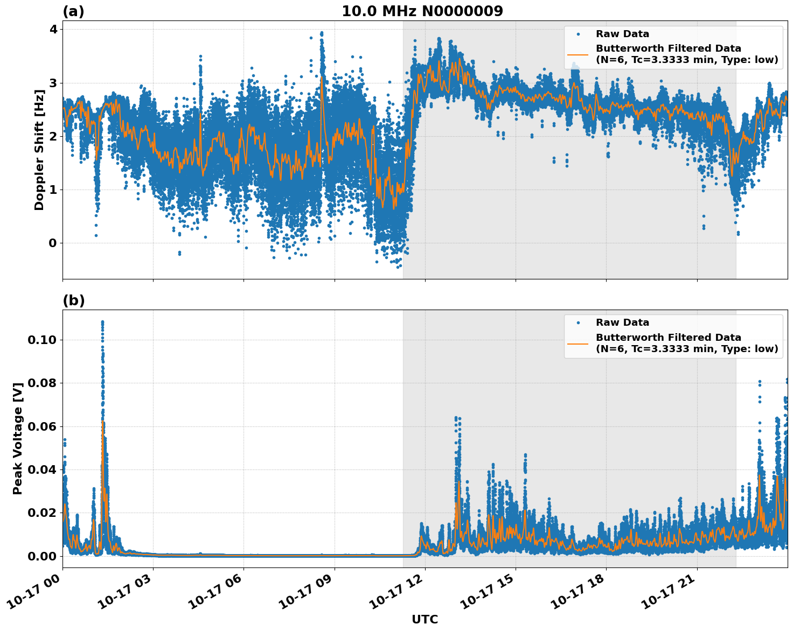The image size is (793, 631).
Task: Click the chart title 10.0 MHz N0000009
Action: [x=422, y=11]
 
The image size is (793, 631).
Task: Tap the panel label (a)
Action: [x=73, y=11]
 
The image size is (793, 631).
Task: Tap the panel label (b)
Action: [x=73, y=300]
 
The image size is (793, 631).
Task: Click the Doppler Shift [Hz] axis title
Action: [x=39, y=150]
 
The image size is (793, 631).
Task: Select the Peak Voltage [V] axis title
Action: [x=18, y=438]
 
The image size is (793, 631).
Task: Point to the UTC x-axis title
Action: [x=425, y=619]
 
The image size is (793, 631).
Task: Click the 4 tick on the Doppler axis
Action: [x=52, y=29]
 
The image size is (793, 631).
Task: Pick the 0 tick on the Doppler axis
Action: [x=52, y=243]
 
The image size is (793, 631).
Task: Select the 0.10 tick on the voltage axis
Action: [x=41, y=340]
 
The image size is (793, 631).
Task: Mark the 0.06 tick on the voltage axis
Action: [x=41, y=426]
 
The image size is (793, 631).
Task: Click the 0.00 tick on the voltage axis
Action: [x=41, y=556]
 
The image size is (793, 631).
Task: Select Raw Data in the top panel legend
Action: [x=622, y=34]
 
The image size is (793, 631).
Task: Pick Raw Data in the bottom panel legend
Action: [x=622, y=322]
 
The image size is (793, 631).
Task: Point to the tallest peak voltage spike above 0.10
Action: [x=102, y=323]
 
